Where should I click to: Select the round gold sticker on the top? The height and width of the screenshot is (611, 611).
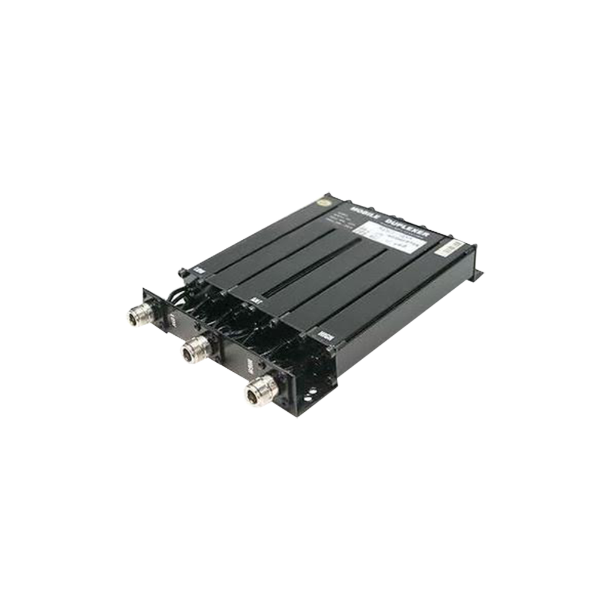click(x=328, y=203)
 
